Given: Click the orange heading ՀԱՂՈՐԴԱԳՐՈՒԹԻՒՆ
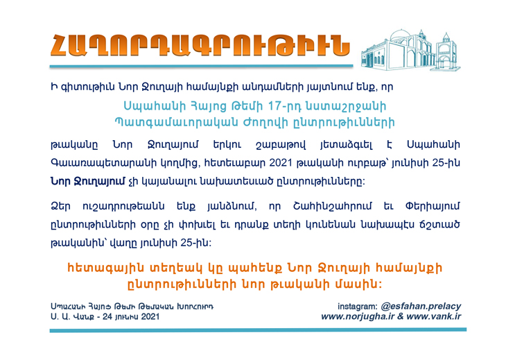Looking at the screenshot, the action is (x=200, y=46).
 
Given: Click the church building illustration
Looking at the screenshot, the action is (x=410, y=50).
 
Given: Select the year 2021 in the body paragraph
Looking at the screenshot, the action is (x=281, y=163).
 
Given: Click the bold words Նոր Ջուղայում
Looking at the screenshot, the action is (x=87, y=182).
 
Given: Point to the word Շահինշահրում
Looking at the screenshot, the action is (x=333, y=206).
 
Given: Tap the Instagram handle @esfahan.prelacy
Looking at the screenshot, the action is (x=421, y=306).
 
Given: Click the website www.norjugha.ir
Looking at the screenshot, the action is (x=358, y=316).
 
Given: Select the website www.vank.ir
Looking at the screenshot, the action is (x=434, y=316).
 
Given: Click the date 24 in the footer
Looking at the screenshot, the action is (x=107, y=316).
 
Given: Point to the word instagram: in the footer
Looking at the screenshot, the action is (x=357, y=307).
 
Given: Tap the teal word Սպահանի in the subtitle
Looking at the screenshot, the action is (x=151, y=107).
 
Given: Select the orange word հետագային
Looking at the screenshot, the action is (x=105, y=268).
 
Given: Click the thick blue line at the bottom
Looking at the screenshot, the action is (x=258, y=330).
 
